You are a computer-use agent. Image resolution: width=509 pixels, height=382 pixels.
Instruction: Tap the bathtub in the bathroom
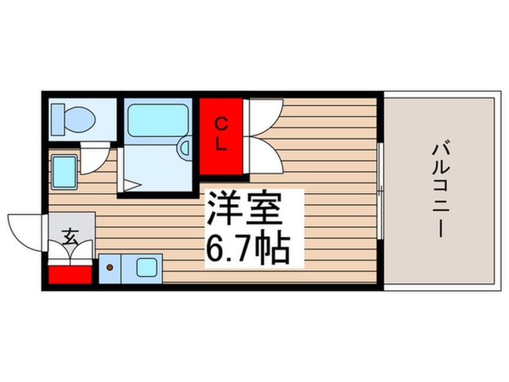(158, 120)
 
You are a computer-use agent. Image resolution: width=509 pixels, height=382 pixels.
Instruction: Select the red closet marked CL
(221, 136)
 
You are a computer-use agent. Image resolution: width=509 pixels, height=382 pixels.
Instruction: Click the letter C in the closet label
(221, 125)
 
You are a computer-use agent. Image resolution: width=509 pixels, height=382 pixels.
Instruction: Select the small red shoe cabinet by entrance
(70, 274)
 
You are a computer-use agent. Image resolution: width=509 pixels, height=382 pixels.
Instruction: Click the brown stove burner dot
(110, 265)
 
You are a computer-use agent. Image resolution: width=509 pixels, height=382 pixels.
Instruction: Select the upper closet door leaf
(265, 114)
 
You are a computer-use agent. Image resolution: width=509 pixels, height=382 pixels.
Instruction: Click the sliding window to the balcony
(380, 191)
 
